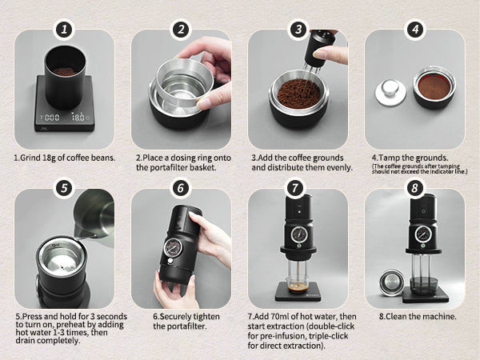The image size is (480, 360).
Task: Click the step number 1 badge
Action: [x=64, y=30]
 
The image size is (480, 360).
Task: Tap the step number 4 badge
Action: [x=414, y=30]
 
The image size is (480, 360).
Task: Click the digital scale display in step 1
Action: [x=64, y=117]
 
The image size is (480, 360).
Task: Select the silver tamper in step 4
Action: [x=386, y=90]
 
